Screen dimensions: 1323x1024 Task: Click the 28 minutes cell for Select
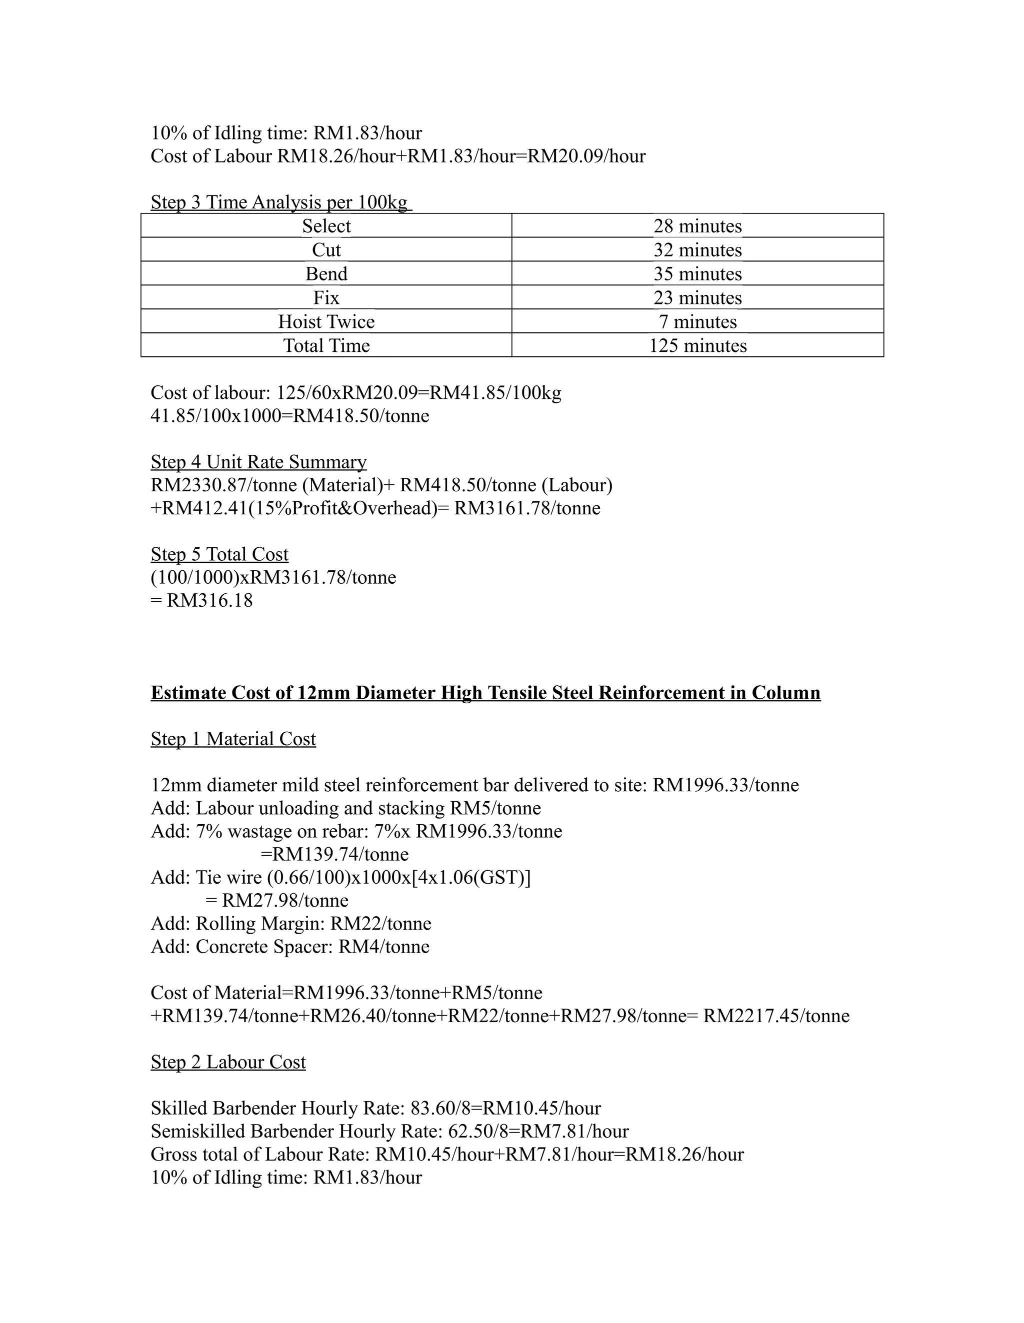click(697, 226)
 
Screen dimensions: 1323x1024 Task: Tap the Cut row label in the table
click(326, 249)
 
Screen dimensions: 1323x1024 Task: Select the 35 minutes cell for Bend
click(697, 274)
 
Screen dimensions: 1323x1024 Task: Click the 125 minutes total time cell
click(697, 345)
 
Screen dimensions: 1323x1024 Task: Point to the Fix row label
click(326, 297)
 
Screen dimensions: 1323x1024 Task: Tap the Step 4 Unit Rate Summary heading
click(258, 462)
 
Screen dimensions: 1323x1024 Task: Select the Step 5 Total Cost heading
click(219, 554)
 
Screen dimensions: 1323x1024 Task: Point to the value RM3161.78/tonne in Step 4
click(526, 508)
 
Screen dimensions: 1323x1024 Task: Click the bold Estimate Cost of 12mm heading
click(485, 692)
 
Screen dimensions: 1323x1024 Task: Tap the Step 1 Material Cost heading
click(233, 739)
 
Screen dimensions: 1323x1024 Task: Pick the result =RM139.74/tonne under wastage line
click(334, 855)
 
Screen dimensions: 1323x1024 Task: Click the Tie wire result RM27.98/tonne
click(285, 901)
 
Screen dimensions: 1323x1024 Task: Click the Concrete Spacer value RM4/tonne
click(383, 947)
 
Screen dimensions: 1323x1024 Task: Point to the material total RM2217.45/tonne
click(775, 1016)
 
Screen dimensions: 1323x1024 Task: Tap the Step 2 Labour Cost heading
click(228, 1062)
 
